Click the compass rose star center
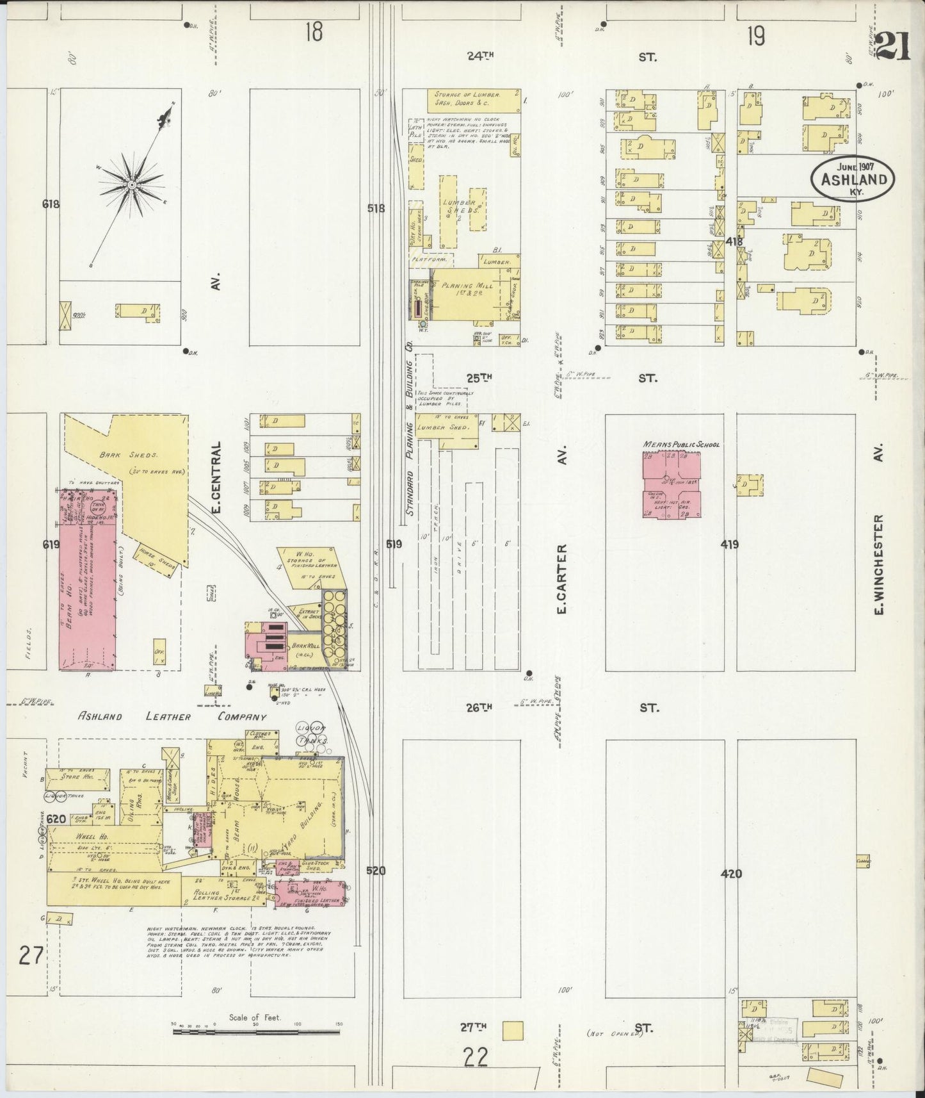click(131, 184)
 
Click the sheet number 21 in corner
click(892, 47)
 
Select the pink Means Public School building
click(671, 485)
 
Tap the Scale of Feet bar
click(256, 1032)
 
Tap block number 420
click(730, 873)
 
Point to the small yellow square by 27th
click(513, 1031)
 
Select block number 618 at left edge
click(51, 204)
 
